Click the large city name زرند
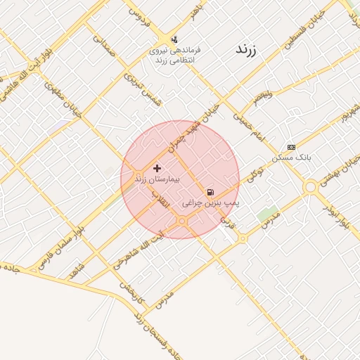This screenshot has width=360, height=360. pyautogui.click(x=245, y=51)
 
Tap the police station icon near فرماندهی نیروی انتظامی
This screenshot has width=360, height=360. pyautogui.click(x=174, y=39)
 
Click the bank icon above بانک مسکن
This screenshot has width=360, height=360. pyautogui.click(x=291, y=147)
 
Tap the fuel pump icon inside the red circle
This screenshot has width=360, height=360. pyautogui.click(x=210, y=192)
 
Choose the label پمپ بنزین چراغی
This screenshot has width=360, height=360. pyautogui.click(x=212, y=202)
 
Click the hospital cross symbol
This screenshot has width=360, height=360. pyautogui.click(x=156, y=169)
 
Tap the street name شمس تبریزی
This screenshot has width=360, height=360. pyautogui.click(x=143, y=89)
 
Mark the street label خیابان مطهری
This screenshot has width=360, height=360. pyautogui.click(x=64, y=99)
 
